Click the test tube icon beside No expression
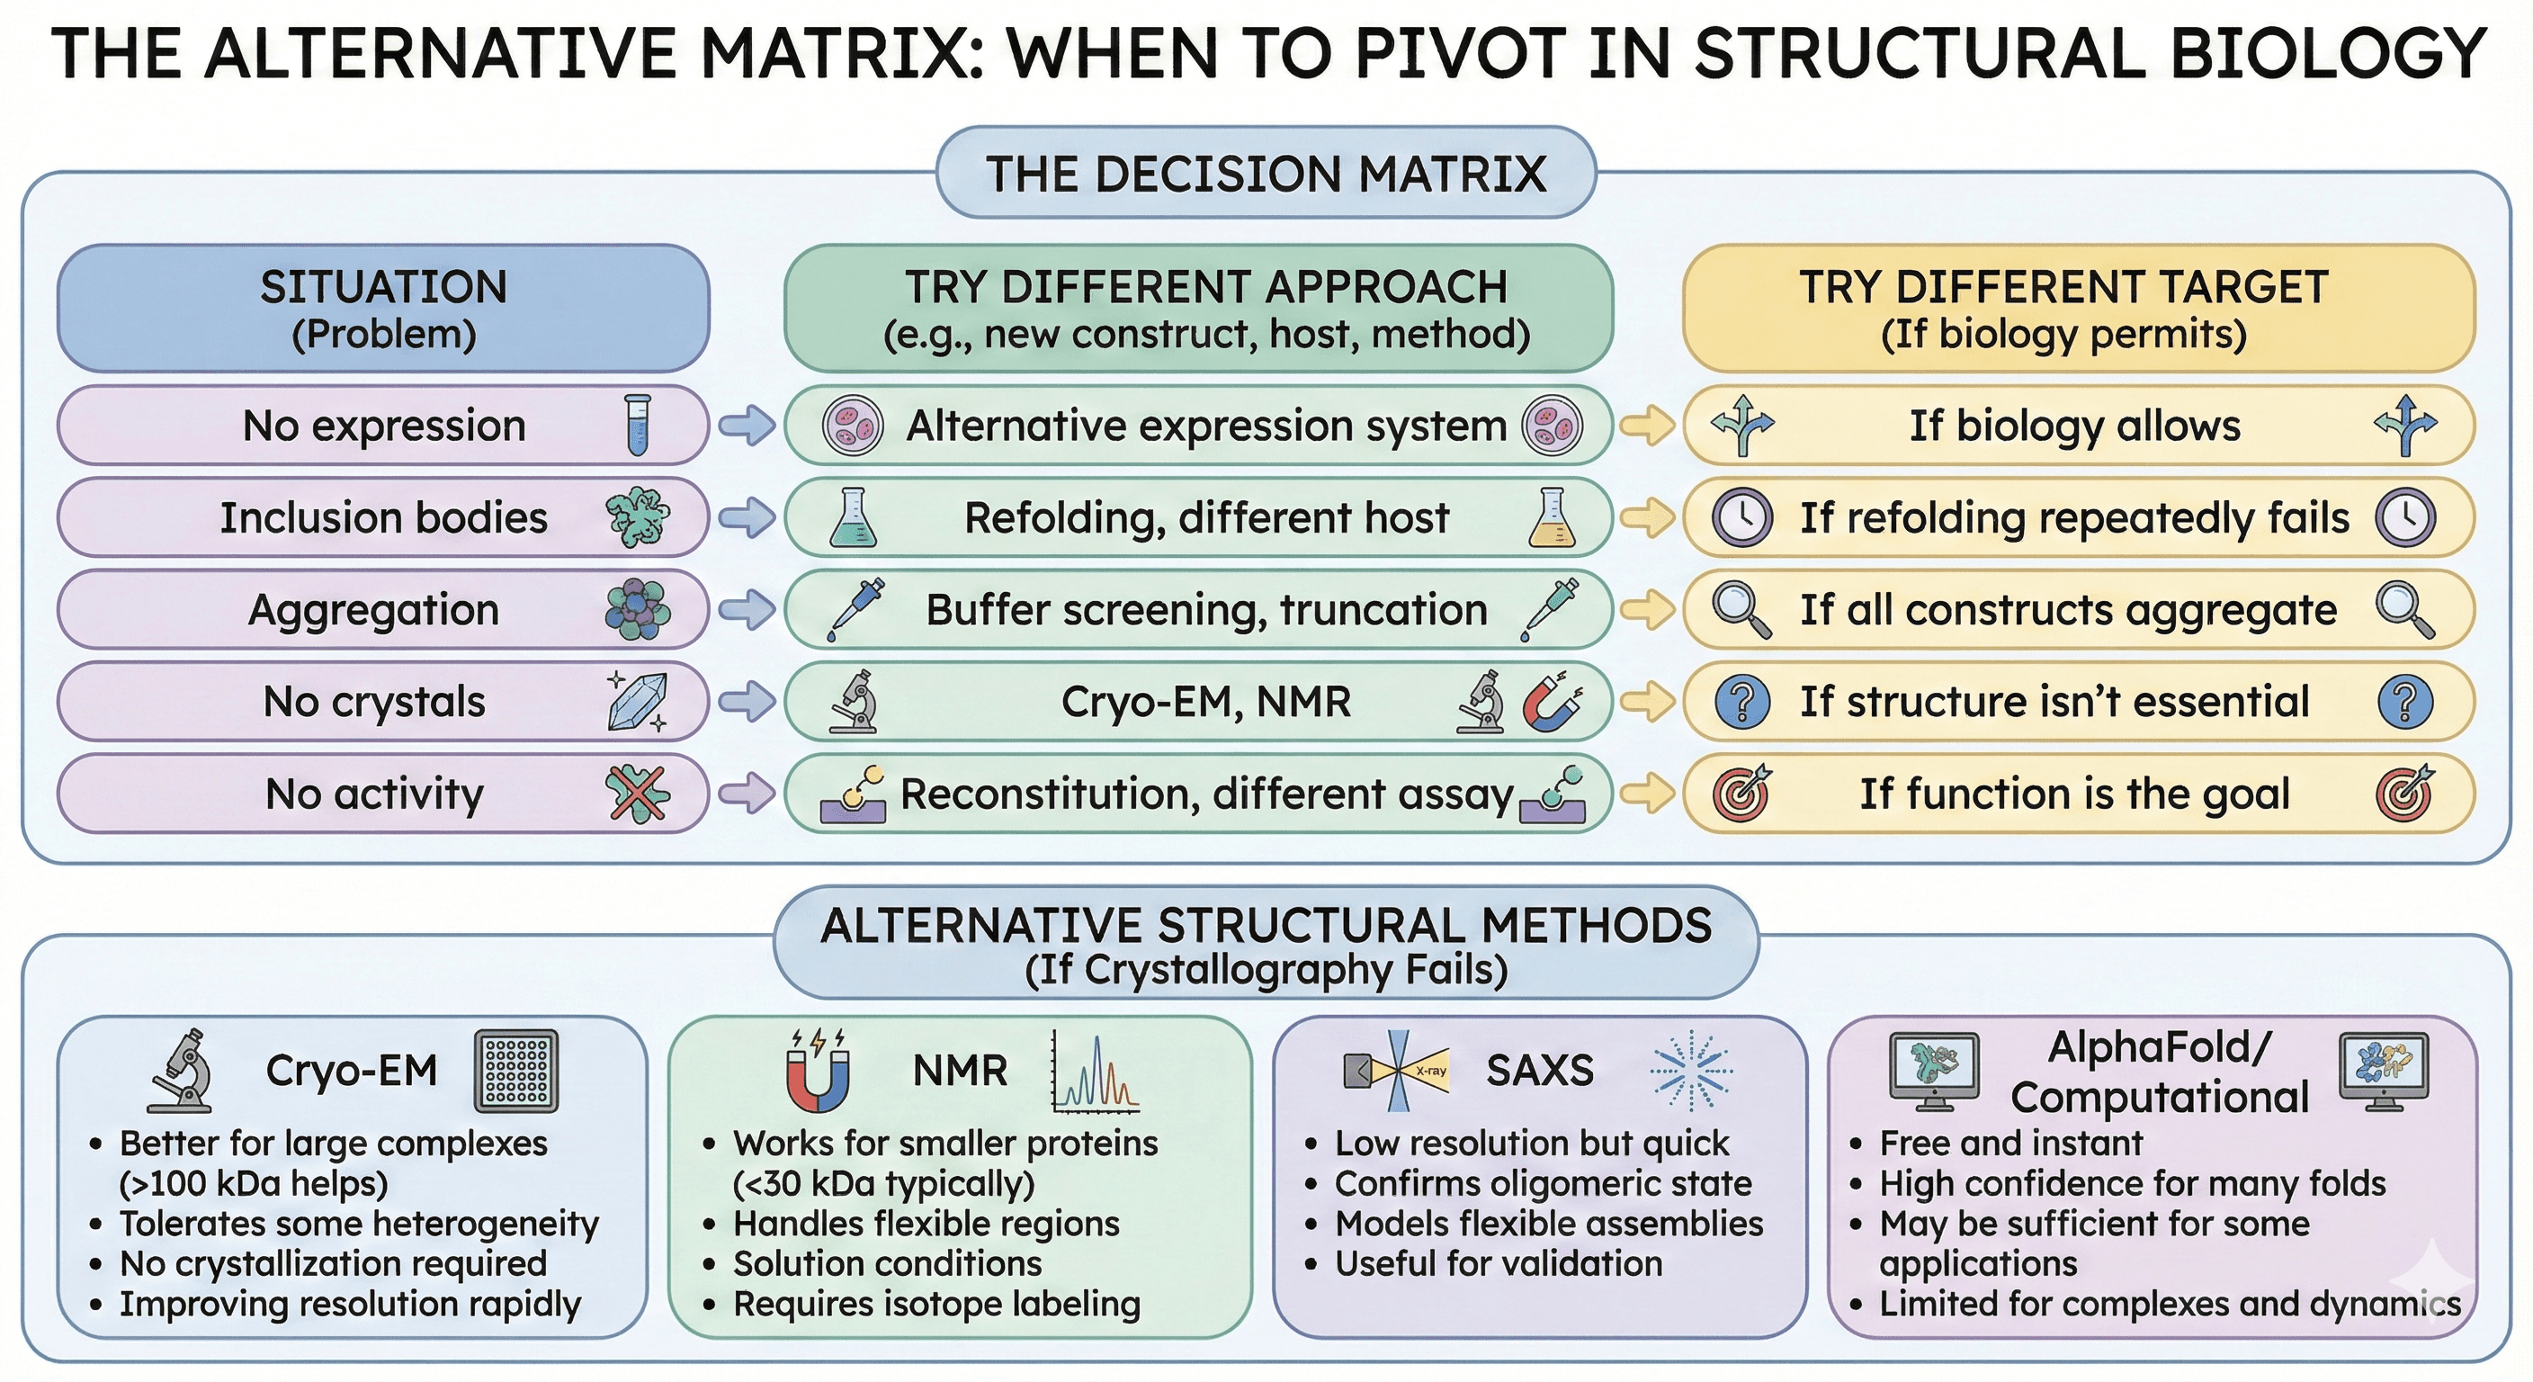tap(638, 425)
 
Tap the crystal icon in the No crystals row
tap(637, 701)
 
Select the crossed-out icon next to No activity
tap(637, 793)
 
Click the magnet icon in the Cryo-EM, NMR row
tap(1553, 703)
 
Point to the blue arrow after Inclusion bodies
tap(747, 517)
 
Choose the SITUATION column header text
tap(383, 287)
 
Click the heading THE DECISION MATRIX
tap(1266, 175)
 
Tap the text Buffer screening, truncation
tap(1205, 610)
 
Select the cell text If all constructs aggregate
tap(2068, 610)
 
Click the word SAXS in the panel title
tap(1539, 1070)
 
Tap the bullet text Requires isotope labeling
tap(936, 1304)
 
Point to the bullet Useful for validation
tap(1498, 1263)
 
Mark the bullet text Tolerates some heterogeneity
tap(359, 1224)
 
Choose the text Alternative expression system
tap(1205, 426)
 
